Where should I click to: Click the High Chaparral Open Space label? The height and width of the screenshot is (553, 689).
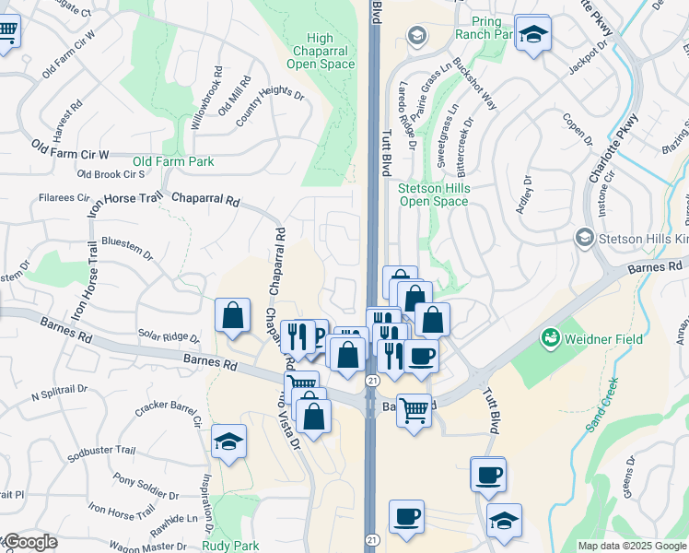[x=320, y=51]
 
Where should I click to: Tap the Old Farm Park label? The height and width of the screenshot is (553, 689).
[x=173, y=161]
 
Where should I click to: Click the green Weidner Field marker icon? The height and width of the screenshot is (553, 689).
[x=551, y=338]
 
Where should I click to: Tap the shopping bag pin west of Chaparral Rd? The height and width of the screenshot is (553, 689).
[x=233, y=315]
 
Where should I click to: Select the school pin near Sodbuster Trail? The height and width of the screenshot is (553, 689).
[x=228, y=441]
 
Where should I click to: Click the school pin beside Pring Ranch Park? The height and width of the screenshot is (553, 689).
[x=531, y=34]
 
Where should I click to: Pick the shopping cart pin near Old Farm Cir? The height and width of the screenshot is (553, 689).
[x=6, y=34]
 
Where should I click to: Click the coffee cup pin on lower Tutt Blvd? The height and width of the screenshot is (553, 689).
[x=487, y=475]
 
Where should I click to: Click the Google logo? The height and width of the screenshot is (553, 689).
[x=29, y=543]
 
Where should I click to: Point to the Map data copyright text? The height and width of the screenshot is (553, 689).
[x=632, y=546]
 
